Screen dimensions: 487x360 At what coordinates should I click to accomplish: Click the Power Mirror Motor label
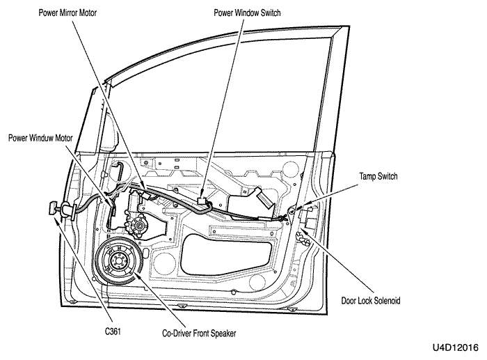pyautogui.click(x=67, y=13)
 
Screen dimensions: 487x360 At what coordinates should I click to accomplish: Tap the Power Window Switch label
pyautogui.click(x=247, y=13)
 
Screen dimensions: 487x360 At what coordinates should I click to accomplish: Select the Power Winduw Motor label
pyautogui.click(x=40, y=138)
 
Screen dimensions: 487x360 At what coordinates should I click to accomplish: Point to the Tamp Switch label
pyautogui.click(x=378, y=177)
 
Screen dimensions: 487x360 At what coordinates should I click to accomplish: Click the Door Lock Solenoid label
pyautogui.click(x=371, y=301)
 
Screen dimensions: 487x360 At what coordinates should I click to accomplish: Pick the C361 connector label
pyautogui.click(x=113, y=331)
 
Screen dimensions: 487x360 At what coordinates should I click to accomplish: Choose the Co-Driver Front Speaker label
pyautogui.click(x=199, y=334)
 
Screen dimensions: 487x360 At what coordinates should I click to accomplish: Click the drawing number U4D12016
pyautogui.click(x=456, y=347)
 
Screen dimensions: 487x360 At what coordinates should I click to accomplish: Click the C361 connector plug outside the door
pyautogui.click(x=53, y=208)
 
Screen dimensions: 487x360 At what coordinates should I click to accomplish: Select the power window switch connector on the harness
pyautogui.click(x=202, y=201)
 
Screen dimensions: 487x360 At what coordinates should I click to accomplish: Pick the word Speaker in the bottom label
pyautogui.click(x=223, y=334)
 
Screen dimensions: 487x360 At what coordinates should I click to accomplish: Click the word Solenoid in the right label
pyautogui.click(x=388, y=301)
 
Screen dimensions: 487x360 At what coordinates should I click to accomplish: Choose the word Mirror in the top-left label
pyautogui.click(x=71, y=13)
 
